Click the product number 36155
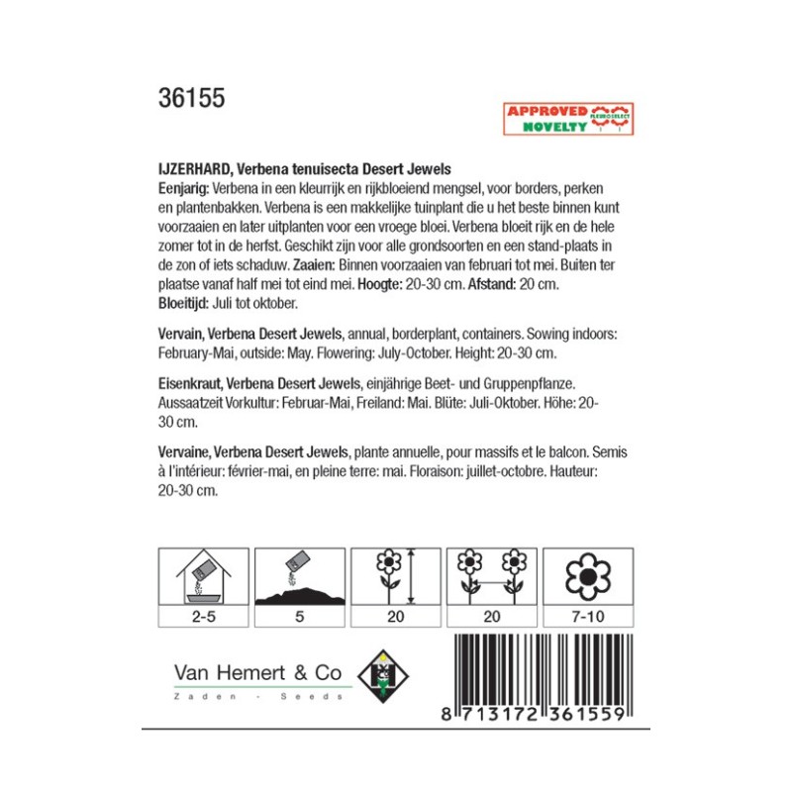[191, 99]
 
